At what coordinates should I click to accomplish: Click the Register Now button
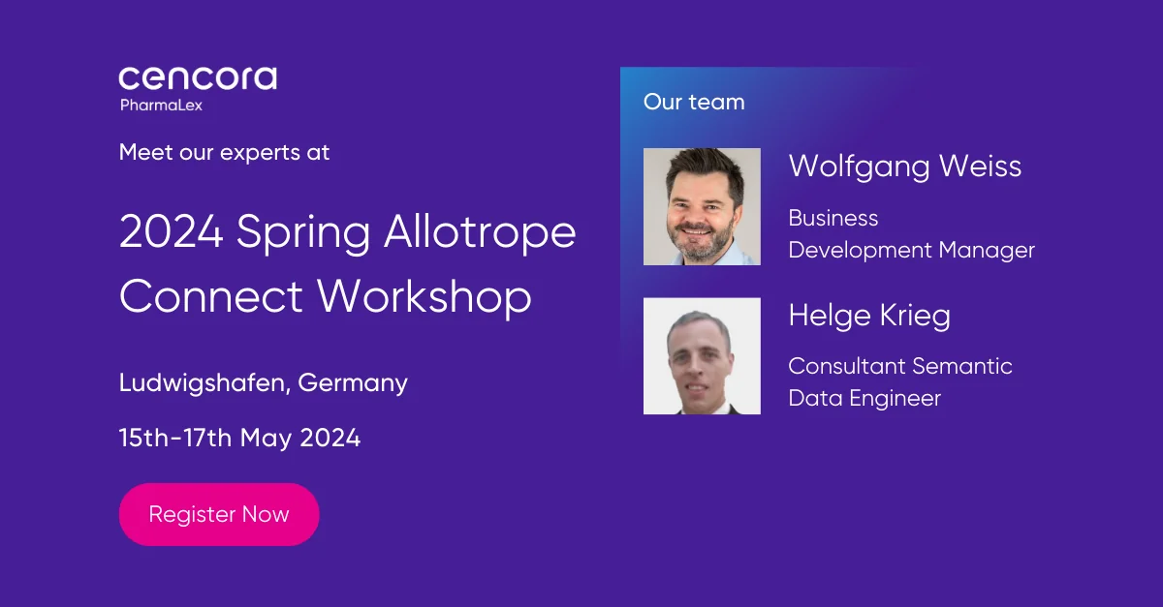219,514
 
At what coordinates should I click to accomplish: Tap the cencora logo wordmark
198,78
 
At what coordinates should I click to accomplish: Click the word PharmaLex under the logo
161,106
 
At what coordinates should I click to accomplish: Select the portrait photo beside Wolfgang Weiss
702,206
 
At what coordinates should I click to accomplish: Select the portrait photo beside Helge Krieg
702,356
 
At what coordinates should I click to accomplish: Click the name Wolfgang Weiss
905,167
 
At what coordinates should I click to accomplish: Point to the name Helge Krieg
869,316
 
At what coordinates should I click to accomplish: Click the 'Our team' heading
694,102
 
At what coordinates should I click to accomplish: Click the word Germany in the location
353,384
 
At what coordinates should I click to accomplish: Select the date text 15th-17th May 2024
240,438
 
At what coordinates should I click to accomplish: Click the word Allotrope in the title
480,231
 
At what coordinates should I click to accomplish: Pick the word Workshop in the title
424,296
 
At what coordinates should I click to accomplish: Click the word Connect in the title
211,296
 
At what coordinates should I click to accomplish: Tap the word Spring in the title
303,233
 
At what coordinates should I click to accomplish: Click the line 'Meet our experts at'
224,153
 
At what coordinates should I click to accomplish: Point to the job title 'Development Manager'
912,251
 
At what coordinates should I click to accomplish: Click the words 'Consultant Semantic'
900,366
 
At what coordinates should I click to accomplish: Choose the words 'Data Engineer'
864,399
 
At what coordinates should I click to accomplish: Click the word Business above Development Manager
833,218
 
